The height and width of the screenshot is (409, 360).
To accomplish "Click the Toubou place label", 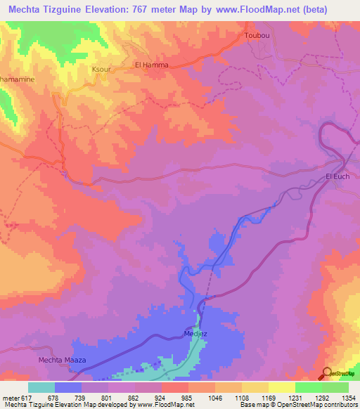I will click(256, 35).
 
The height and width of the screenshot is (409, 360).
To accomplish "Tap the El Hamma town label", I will click(151, 65).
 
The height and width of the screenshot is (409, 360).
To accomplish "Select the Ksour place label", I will click(82, 70).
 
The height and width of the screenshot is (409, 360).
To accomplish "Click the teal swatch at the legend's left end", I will click(41, 387).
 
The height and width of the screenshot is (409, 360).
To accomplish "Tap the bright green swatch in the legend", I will click(308, 387).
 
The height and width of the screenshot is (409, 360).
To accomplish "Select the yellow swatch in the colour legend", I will click(281, 387).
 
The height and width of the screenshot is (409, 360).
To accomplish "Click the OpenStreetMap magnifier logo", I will click(327, 373).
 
